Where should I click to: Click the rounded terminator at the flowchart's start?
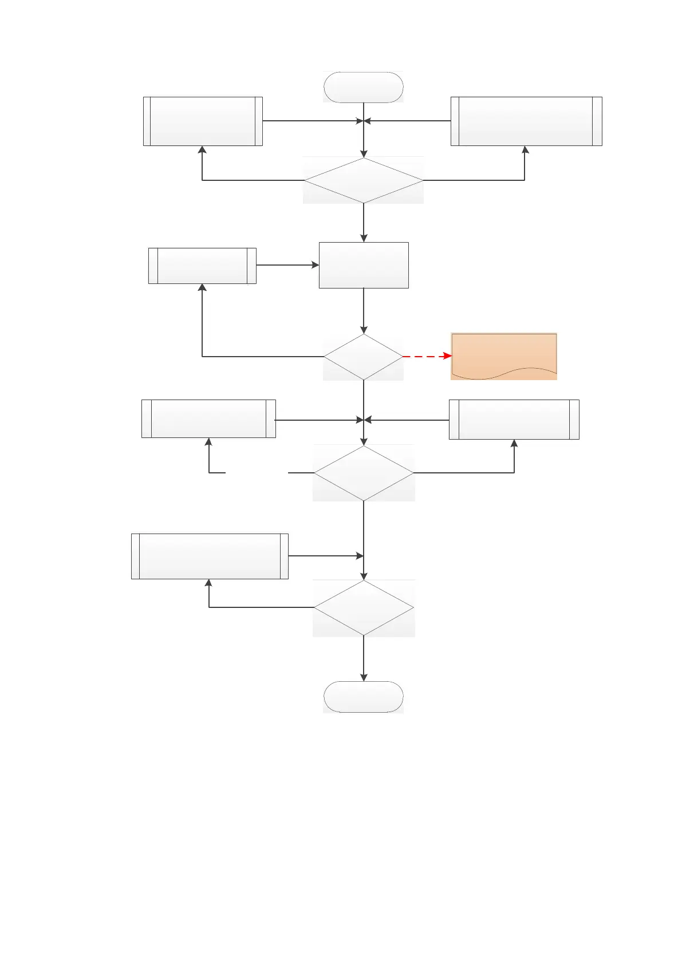(x=363, y=87)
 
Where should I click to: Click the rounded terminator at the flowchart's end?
(x=363, y=697)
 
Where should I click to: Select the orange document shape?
(x=503, y=355)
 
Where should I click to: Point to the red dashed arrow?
(x=427, y=356)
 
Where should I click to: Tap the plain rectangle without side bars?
(x=363, y=265)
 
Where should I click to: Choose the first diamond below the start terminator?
(x=363, y=180)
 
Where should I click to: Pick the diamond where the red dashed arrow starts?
(x=363, y=357)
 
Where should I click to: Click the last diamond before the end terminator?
(x=363, y=607)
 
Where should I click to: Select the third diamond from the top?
(x=363, y=473)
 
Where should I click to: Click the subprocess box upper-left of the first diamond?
(x=202, y=121)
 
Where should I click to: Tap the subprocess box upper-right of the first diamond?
(x=526, y=121)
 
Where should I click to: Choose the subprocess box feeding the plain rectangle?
(x=202, y=266)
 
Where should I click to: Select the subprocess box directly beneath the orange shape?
(x=514, y=420)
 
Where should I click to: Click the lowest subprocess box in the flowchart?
(x=210, y=556)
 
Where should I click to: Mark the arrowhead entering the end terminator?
(x=364, y=677)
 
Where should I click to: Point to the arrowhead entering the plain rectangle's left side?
(x=315, y=265)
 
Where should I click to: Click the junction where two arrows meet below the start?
(x=364, y=121)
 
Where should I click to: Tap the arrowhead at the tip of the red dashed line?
(x=448, y=356)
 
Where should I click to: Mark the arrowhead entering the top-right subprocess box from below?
(x=525, y=150)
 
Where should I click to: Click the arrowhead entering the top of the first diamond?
(x=364, y=153)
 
